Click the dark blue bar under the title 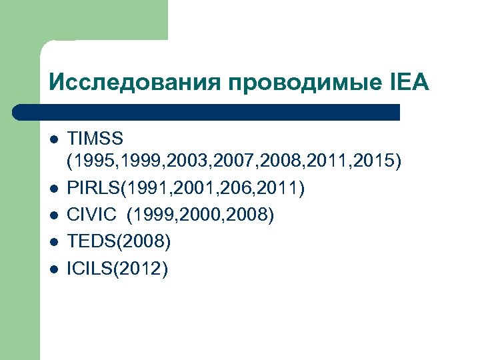pyautogui.click(x=207, y=112)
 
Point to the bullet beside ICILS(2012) pyautogui.click(x=55, y=269)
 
